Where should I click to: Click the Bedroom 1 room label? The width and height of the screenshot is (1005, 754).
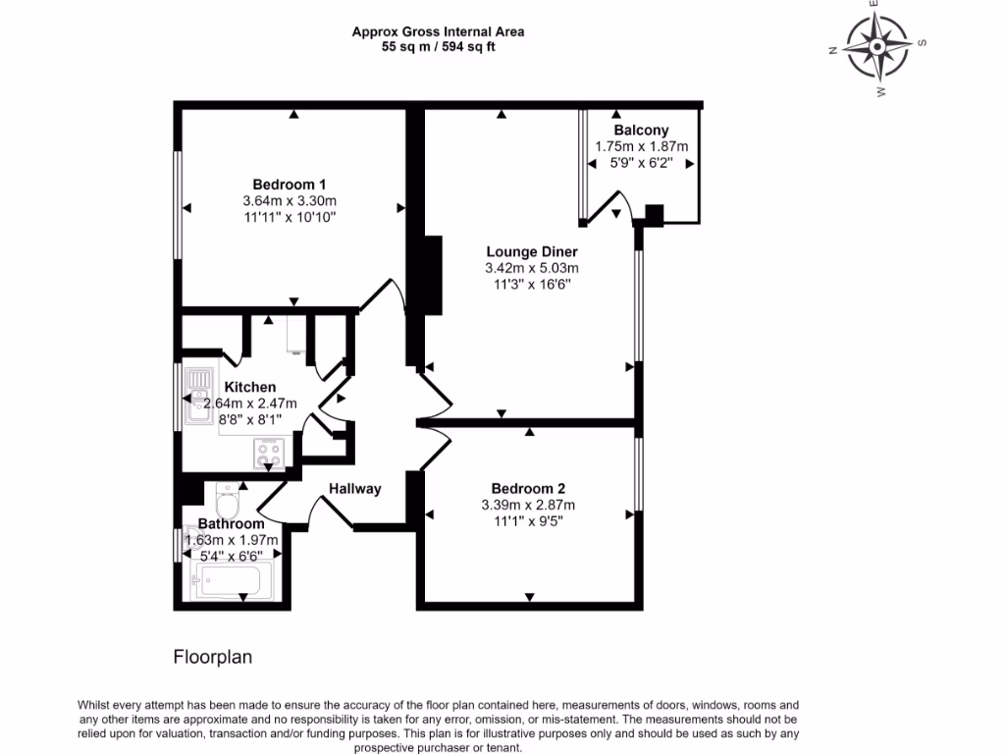coord(290,185)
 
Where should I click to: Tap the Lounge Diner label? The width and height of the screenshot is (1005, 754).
coord(532,252)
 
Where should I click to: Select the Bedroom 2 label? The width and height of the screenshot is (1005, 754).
coord(528,489)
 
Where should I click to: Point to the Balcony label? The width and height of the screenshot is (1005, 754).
coord(641,131)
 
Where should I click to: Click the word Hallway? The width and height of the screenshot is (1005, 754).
coord(355,489)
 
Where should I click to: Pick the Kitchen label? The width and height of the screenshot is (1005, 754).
coord(250,387)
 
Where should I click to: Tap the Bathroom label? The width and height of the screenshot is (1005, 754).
coord(231,524)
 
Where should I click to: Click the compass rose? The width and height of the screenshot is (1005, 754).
coord(877,46)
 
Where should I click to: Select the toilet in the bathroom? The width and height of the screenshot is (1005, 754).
coord(227,500)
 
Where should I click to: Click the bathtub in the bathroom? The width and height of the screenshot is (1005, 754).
coord(231,580)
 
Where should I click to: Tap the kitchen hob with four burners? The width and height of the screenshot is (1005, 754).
coord(270,454)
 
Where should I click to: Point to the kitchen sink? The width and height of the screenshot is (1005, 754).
coord(199,396)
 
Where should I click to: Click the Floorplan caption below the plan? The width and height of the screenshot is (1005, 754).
coord(213,657)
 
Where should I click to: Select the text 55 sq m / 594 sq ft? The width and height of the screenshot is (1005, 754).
coord(439,47)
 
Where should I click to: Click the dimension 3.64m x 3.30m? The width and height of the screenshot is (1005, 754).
coord(290,200)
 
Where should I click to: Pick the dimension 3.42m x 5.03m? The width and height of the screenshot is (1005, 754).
coord(532,268)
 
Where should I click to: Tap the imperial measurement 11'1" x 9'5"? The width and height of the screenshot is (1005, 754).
coord(528,521)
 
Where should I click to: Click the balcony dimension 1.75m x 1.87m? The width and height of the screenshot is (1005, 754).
coord(642,146)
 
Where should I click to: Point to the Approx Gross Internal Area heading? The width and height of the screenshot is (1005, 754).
coord(439,31)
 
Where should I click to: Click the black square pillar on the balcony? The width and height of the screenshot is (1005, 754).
coord(654,215)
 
